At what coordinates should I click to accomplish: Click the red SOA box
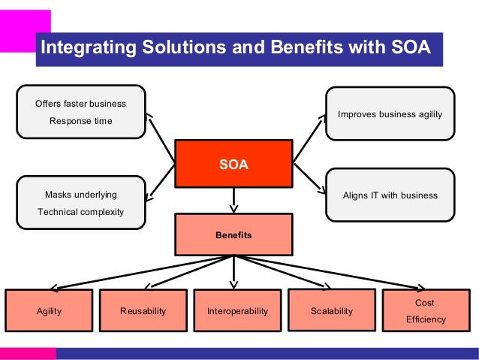coord(233,164)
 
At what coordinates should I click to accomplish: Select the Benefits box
coord(233,234)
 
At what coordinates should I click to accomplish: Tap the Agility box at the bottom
coord(49,310)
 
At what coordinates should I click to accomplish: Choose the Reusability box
coord(143,310)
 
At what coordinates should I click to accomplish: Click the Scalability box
coord(331,310)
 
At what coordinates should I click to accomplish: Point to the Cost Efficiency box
coord(426,310)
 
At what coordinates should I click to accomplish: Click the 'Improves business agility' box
coord(390,114)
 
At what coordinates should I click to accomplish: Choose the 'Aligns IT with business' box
coord(390,195)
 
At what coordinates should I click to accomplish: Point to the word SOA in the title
coord(411,49)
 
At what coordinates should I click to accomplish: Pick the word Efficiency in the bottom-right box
coord(426,319)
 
